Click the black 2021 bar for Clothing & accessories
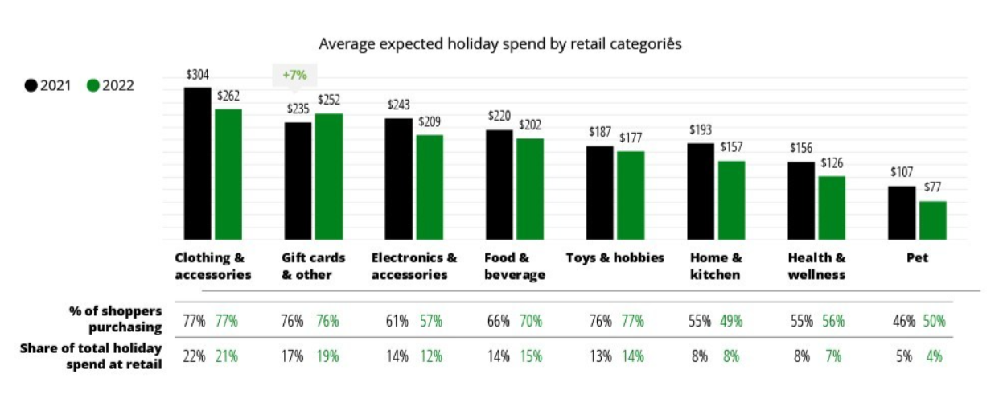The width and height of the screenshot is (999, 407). [x=197, y=163]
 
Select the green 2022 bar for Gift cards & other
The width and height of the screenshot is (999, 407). [x=329, y=176]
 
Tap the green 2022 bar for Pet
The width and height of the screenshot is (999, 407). [x=932, y=220]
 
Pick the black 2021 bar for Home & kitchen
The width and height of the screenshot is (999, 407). [x=701, y=191]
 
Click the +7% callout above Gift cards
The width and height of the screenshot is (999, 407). [x=295, y=75]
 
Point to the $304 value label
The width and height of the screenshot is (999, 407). [x=197, y=75]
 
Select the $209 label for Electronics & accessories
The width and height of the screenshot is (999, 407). [x=429, y=121]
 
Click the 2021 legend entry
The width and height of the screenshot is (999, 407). [x=48, y=85]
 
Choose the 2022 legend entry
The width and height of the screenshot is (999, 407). [x=110, y=85]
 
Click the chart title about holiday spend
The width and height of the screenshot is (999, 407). [x=499, y=43]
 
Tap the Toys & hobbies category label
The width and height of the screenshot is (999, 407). [x=615, y=257]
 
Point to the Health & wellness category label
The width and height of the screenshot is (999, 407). [x=816, y=266]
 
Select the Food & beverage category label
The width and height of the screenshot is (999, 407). [x=514, y=266]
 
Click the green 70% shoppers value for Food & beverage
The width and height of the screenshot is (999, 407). [x=532, y=320]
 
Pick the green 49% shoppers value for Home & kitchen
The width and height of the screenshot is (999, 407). [x=730, y=320]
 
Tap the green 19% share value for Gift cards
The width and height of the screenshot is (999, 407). [x=327, y=356]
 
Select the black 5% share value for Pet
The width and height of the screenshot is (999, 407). [x=904, y=356]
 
